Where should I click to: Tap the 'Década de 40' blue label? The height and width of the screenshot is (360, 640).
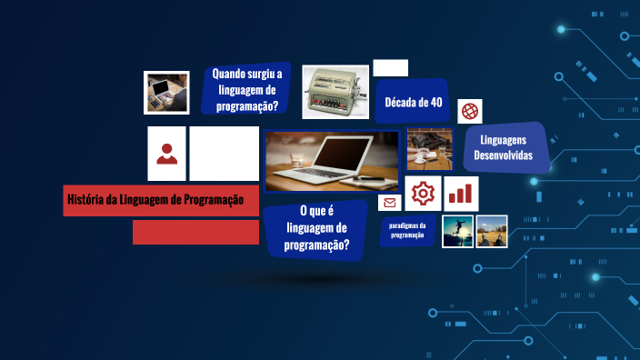[x=414, y=102]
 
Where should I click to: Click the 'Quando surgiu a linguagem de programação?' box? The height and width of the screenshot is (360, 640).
[x=246, y=89]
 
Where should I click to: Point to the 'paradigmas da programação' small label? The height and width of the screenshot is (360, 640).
[x=407, y=230]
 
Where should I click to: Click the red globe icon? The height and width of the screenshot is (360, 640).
[x=470, y=111]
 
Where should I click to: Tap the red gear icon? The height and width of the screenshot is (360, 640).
[x=423, y=194]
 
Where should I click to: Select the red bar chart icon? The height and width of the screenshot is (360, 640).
[x=462, y=194]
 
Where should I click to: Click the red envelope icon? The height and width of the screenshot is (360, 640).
[x=390, y=203]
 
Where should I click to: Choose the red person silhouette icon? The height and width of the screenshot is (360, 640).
[x=166, y=154]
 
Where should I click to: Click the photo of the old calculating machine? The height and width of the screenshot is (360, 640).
[x=335, y=92]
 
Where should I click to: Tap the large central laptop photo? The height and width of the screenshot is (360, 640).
[x=332, y=161]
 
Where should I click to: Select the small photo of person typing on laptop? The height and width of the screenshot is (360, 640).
[x=166, y=92]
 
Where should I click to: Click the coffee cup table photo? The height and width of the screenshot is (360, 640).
[x=429, y=149]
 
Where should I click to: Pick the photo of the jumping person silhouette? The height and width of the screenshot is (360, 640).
[x=458, y=231]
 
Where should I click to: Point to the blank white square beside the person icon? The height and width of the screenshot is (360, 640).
[x=225, y=154]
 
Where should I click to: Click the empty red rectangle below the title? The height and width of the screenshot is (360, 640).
[x=189, y=232]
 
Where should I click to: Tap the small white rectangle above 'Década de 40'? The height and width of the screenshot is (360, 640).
[x=391, y=67]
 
